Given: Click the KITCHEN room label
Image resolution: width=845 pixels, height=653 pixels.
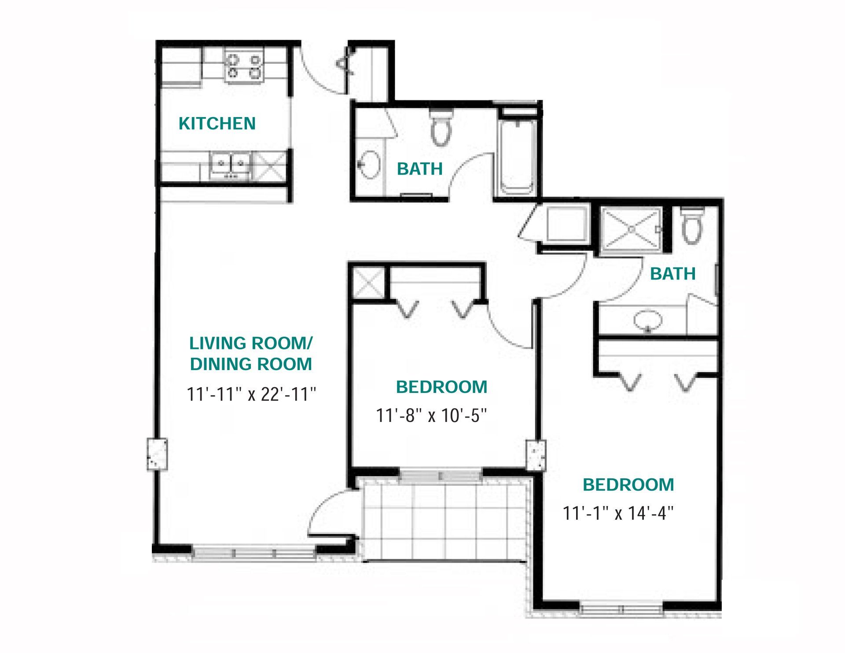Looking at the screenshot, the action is pos(217,124).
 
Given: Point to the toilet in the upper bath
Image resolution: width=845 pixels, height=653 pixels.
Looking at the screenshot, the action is pos(441,127).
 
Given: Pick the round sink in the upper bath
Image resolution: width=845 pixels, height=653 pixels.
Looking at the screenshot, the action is pos(369,165).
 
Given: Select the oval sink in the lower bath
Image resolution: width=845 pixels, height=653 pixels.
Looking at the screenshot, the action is pos(647,320).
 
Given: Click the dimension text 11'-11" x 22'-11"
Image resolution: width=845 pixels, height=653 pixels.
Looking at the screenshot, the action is pos(251,394).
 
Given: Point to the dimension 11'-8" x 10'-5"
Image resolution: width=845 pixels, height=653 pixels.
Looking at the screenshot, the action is pos(431,415).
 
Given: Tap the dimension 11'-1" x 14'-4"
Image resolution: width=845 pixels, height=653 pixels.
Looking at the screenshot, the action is pos(618,513).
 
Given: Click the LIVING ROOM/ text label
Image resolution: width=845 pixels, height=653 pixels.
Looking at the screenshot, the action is pos(251,343).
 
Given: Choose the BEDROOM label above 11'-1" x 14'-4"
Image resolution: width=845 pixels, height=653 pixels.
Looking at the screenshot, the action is pos(628,485).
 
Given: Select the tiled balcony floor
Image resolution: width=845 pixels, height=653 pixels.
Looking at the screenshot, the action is pos(445,521).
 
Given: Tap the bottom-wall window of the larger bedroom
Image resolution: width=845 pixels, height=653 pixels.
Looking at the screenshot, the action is pos(621,609).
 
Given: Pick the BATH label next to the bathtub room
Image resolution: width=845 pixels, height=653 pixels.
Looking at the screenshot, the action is pos(419,169).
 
